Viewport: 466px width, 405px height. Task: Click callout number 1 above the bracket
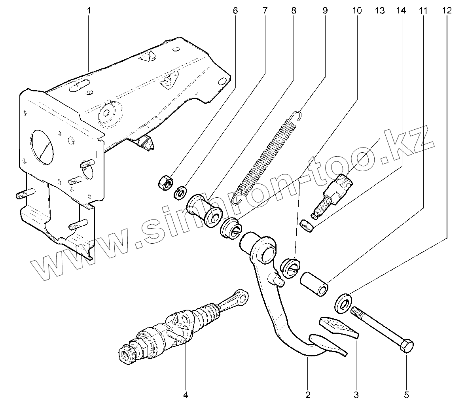pyautogui.click(x=89, y=11)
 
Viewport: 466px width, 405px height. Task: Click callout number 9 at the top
pyautogui.click(x=325, y=11)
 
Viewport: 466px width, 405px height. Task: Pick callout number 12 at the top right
pyautogui.click(x=447, y=11)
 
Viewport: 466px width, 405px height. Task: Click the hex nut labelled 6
pyautogui.click(x=164, y=182)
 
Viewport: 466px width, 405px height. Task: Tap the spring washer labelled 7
pyautogui.click(x=181, y=193)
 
